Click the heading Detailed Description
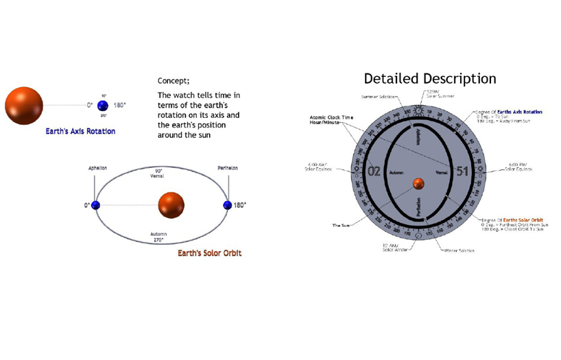click(x=429, y=78)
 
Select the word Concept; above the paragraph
click(x=174, y=80)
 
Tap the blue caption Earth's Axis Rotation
click(x=81, y=131)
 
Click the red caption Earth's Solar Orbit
click(x=209, y=253)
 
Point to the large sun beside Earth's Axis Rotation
click(x=24, y=105)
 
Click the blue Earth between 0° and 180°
click(x=103, y=106)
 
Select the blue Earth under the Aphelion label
click(x=95, y=205)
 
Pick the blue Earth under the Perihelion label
click(x=228, y=205)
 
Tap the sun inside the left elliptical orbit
click(x=171, y=204)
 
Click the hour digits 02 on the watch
click(x=374, y=171)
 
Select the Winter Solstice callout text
click(x=459, y=250)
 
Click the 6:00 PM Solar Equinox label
click(x=520, y=167)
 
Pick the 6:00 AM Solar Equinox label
click(x=319, y=167)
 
